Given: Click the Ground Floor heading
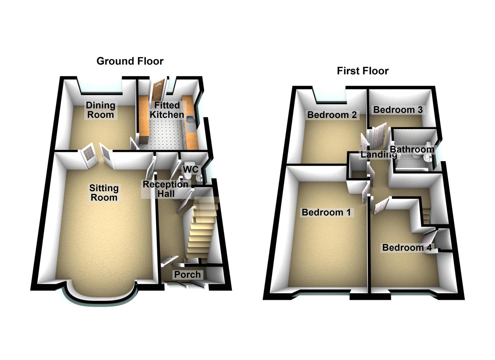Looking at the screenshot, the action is [x=130, y=61].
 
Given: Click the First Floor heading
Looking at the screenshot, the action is [x=363, y=71].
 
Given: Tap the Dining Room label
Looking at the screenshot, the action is [x=100, y=110].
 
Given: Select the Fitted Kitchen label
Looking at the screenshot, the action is [x=167, y=110].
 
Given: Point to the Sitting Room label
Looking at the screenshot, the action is [x=104, y=193].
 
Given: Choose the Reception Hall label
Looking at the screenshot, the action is [x=166, y=189].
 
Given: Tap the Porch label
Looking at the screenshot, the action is [x=187, y=275].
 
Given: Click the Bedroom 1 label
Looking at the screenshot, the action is [x=326, y=212].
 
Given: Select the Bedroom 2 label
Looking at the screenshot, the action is [x=332, y=115].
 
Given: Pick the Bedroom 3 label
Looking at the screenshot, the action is [x=398, y=110].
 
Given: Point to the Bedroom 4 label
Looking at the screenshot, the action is [x=407, y=248].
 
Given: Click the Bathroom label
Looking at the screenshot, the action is [x=412, y=149].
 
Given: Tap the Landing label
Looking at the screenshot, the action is [x=378, y=155].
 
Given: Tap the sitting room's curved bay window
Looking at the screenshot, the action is [x=100, y=298].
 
